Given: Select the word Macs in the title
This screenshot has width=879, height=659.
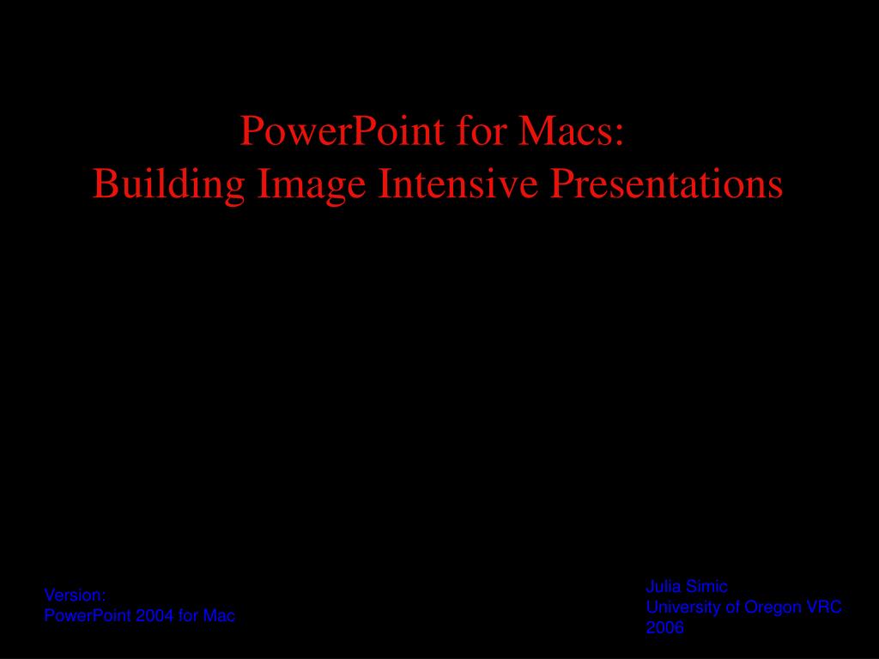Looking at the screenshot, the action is tap(564, 130).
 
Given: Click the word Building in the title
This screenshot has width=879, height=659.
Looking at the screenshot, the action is tap(168, 184).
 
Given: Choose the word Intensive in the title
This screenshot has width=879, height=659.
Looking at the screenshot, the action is tap(458, 184).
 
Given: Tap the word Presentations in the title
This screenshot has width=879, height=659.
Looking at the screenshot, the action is tap(666, 184).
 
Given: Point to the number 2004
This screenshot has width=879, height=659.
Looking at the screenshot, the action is tap(155, 616).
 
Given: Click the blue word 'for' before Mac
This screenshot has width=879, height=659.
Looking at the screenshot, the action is tap(188, 616).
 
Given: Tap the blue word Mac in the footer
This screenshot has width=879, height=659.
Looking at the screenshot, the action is tap(219, 616).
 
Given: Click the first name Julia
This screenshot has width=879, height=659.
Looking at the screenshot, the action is tap(664, 587).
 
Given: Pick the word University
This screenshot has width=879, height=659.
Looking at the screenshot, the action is tap(684, 608).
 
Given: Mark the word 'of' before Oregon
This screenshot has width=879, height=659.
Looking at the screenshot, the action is tap(733, 608).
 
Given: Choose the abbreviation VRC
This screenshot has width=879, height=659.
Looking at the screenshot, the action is tap(824, 608).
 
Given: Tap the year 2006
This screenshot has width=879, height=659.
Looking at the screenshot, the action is tap(665, 627).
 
